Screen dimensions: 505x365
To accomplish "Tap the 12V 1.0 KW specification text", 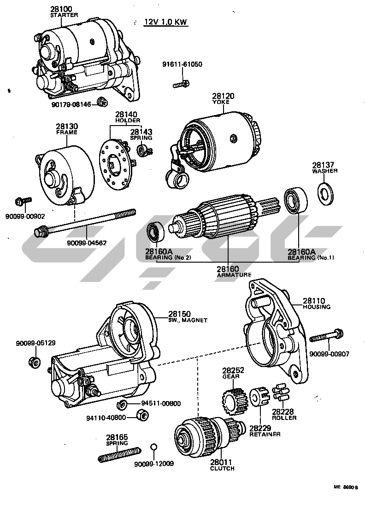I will tap(166, 22).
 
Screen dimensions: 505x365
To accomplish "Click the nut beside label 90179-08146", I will tap(102, 102).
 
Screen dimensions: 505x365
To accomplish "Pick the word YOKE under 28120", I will tap(223, 102).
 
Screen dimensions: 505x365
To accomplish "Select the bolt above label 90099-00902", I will tap(23, 201).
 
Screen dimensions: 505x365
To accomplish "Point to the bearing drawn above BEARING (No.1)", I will tap(294, 200).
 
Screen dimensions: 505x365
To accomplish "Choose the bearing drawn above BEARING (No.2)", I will tap(154, 232).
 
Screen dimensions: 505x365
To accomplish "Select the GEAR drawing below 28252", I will tap(233, 397).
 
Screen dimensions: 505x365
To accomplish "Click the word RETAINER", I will tap(265, 434).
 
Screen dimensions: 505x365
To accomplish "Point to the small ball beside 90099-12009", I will tap(154, 447).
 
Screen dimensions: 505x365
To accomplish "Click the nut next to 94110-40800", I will tap(143, 416).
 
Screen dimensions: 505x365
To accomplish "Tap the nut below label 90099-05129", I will tap(33, 361).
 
